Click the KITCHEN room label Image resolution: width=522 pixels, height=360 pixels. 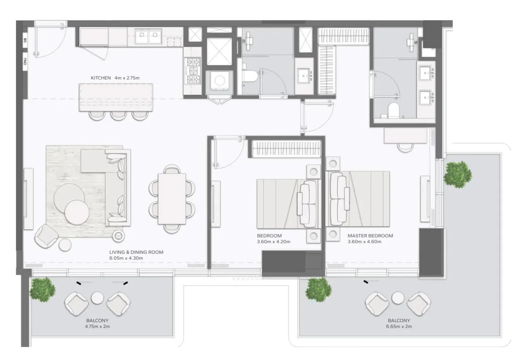[x=101, y=78]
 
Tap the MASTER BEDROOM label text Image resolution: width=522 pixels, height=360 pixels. [x=370, y=236]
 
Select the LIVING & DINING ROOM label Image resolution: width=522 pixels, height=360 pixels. [x=136, y=252]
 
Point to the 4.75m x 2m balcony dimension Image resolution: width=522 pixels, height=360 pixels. [x=97, y=326]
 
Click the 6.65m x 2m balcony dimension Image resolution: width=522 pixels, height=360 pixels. [x=399, y=326]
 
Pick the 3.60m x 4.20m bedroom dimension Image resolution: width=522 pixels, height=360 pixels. [x=274, y=242]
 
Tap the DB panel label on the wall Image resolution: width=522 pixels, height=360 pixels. [x=25, y=40]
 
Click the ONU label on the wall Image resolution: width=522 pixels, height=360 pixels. [x=25, y=61]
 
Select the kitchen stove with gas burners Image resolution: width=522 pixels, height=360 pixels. [x=193, y=71]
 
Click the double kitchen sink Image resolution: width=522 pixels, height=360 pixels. [x=149, y=36]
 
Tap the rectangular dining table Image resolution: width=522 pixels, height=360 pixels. [x=172, y=199]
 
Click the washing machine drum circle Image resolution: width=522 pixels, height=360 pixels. [x=219, y=81]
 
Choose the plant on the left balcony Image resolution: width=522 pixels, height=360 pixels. [x=43, y=290]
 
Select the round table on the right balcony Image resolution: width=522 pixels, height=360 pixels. [x=398, y=298]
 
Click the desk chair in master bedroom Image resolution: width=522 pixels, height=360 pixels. [x=405, y=147]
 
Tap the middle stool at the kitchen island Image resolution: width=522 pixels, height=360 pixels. [x=119, y=115]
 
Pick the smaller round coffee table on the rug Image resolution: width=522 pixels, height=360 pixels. [x=77, y=212]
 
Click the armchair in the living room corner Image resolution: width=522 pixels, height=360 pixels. [x=46, y=236]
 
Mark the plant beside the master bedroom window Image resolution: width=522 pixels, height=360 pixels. [x=458, y=175]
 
